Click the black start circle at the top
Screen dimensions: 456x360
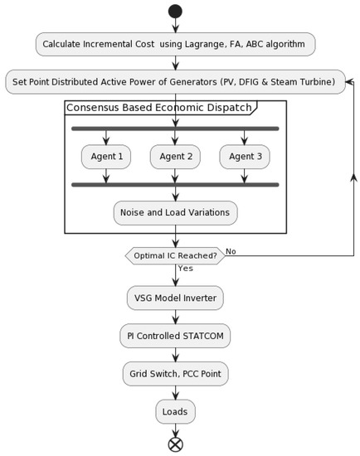pos(175,12)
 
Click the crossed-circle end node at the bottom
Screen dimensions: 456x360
pos(175,444)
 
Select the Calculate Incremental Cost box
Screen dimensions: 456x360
pos(175,44)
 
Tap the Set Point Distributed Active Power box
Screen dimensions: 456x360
pos(175,81)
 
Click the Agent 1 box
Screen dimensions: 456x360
pos(105,156)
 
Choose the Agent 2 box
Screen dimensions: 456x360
pos(175,156)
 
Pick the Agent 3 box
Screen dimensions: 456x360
pos(245,156)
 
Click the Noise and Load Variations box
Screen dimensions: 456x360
pos(175,212)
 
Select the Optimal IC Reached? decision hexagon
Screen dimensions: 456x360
pos(175,255)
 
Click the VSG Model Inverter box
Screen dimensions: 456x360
pos(175,298)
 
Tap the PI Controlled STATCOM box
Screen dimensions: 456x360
pos(175,336)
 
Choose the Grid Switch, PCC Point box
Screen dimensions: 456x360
pos(175,374)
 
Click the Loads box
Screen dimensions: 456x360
pos(175,411)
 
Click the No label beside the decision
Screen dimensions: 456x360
pos(231,251)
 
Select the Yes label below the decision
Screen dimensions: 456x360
pos(185,269)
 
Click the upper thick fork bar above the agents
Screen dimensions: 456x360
pos(175,129)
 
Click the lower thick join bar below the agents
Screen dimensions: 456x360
pos(175,184)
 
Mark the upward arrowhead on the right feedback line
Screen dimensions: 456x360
pos(354,177)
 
